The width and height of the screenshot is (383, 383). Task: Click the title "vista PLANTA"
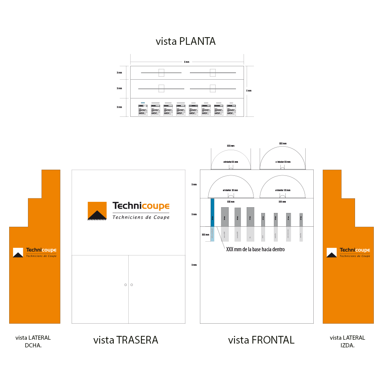coord(185,41)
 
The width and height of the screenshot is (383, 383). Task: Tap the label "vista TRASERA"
coord(126,340)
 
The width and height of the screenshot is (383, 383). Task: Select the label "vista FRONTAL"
coord(261,340)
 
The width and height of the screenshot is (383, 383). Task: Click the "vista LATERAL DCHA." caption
coord(33,341)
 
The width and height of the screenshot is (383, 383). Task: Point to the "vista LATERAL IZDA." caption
coord(347,341)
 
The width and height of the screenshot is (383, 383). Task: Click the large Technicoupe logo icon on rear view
coord(97,211)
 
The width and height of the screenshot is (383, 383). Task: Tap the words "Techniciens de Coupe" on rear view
coord(141,217)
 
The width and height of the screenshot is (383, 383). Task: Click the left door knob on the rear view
coord(125,285)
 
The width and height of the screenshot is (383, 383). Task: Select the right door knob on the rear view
coord(131,285)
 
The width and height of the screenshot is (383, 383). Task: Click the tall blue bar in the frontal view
coord(212,212)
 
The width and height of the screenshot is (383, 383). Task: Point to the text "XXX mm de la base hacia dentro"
coord(255,249)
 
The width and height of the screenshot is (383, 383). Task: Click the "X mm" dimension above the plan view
coord(187,62)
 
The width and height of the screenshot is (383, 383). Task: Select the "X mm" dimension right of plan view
coord(249,91)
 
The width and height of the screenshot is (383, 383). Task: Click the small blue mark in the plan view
coord(143,103)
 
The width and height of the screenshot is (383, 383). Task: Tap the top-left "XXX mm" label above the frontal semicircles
coord(230,146)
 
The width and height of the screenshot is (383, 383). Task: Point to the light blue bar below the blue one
coord(212,234)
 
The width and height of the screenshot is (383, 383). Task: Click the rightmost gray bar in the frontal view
coord(301,220)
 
